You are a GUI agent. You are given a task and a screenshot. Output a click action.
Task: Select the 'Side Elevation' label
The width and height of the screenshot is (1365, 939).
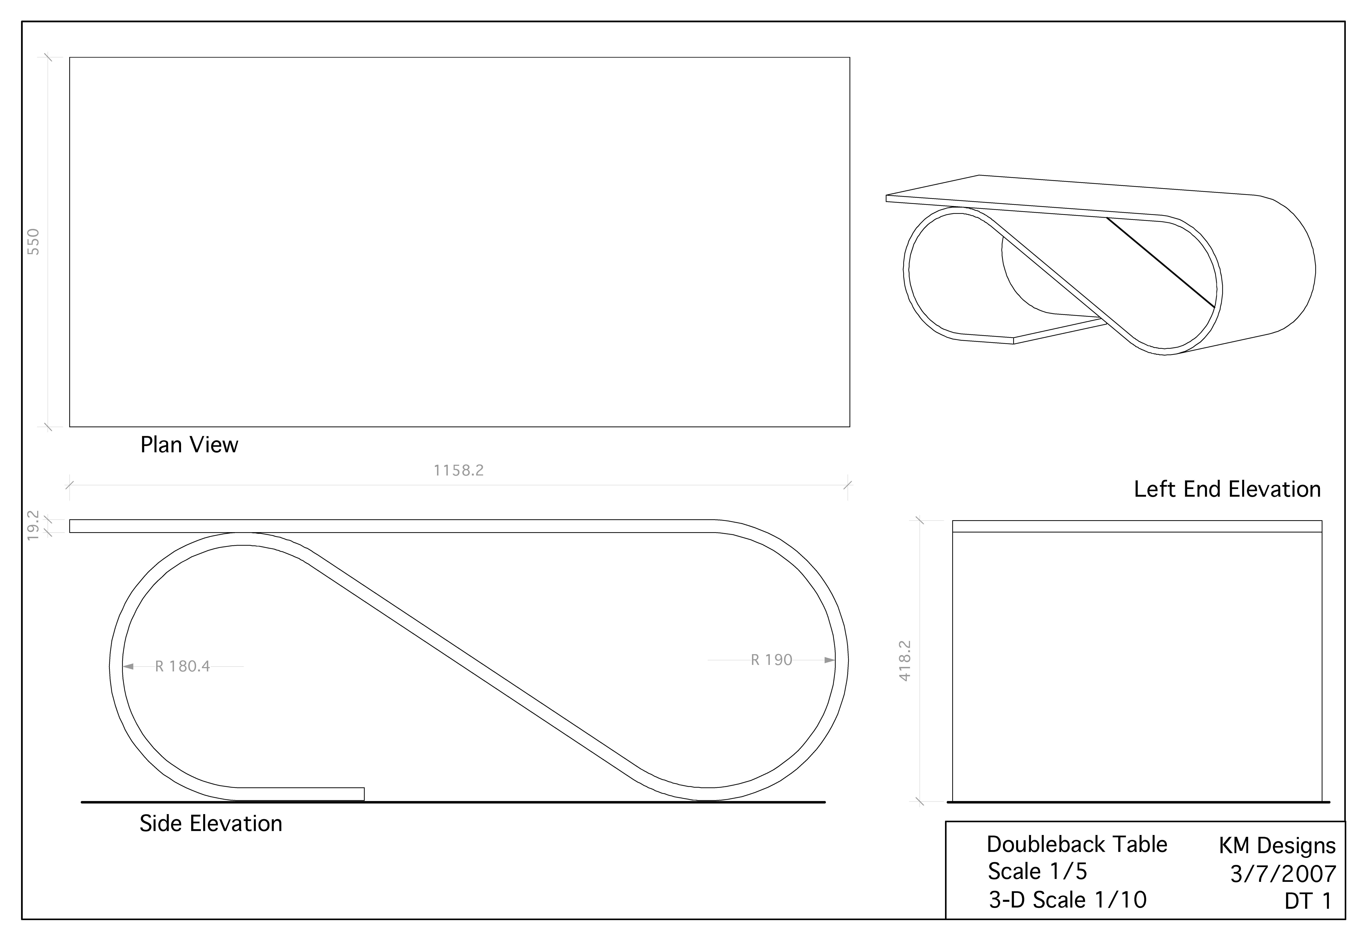click(x=211, y=824)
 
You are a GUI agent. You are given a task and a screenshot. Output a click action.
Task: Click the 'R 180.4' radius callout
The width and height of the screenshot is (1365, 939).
click(x=182, y=667)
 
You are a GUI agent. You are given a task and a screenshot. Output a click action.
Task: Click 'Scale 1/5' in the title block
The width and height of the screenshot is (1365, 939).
click(x=1037, y=871)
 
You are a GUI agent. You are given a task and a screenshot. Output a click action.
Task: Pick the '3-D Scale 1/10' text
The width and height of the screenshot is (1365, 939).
click(x=1067, y=900)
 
